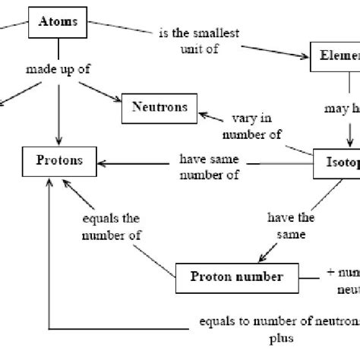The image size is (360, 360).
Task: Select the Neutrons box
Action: [x=153, y=108]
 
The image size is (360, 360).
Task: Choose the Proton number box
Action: [x=237, y=276]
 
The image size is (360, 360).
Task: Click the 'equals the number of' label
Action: [x=112, y=226]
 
